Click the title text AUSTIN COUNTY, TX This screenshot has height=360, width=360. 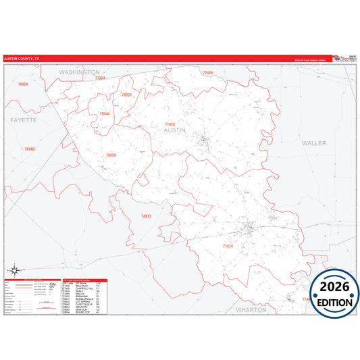(22, 59)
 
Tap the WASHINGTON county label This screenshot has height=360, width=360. (79, 71)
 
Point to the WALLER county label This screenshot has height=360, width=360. (314, 143)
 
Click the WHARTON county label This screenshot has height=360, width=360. (252, 309)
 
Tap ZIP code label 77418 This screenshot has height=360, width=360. (170, 124)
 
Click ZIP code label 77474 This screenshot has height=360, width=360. (227, 247)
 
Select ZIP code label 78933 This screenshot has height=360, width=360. (146, 216)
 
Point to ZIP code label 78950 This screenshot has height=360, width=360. (111, 155)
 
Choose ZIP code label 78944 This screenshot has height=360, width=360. (105, 114)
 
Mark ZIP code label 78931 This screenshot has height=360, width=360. (126, 95)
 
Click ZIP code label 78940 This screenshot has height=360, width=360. (29, 149)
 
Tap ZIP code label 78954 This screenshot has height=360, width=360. (23, 84)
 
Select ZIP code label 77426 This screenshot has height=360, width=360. (207, 72)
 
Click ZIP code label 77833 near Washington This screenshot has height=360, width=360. (100, 78)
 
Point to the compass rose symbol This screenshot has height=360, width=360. (14, 272)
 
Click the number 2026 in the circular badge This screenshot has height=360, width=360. (331, 286)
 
